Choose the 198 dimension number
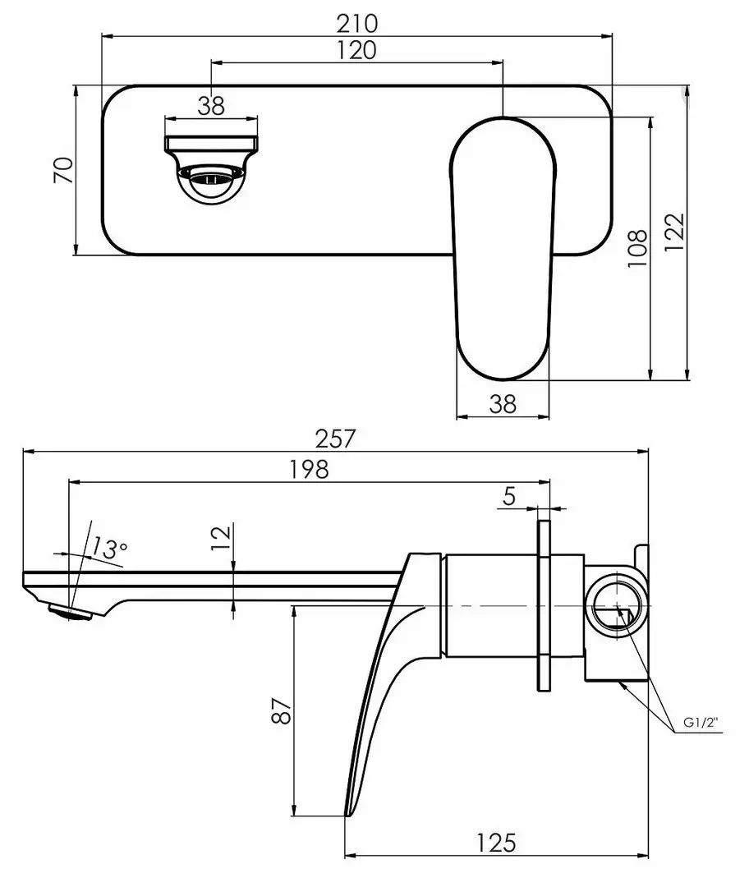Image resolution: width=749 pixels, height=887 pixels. tap(309, 469)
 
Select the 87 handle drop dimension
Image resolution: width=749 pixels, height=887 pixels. tap(282, 710)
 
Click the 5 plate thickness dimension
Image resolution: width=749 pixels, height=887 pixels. tap(508, 495)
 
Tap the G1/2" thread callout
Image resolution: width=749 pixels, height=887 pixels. tap(700, 724)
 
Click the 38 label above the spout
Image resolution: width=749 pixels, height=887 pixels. tap(211, 105)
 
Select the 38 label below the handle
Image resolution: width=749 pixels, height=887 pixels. tap(503, 403)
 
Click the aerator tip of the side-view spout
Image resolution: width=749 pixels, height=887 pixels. tap(68, 612)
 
